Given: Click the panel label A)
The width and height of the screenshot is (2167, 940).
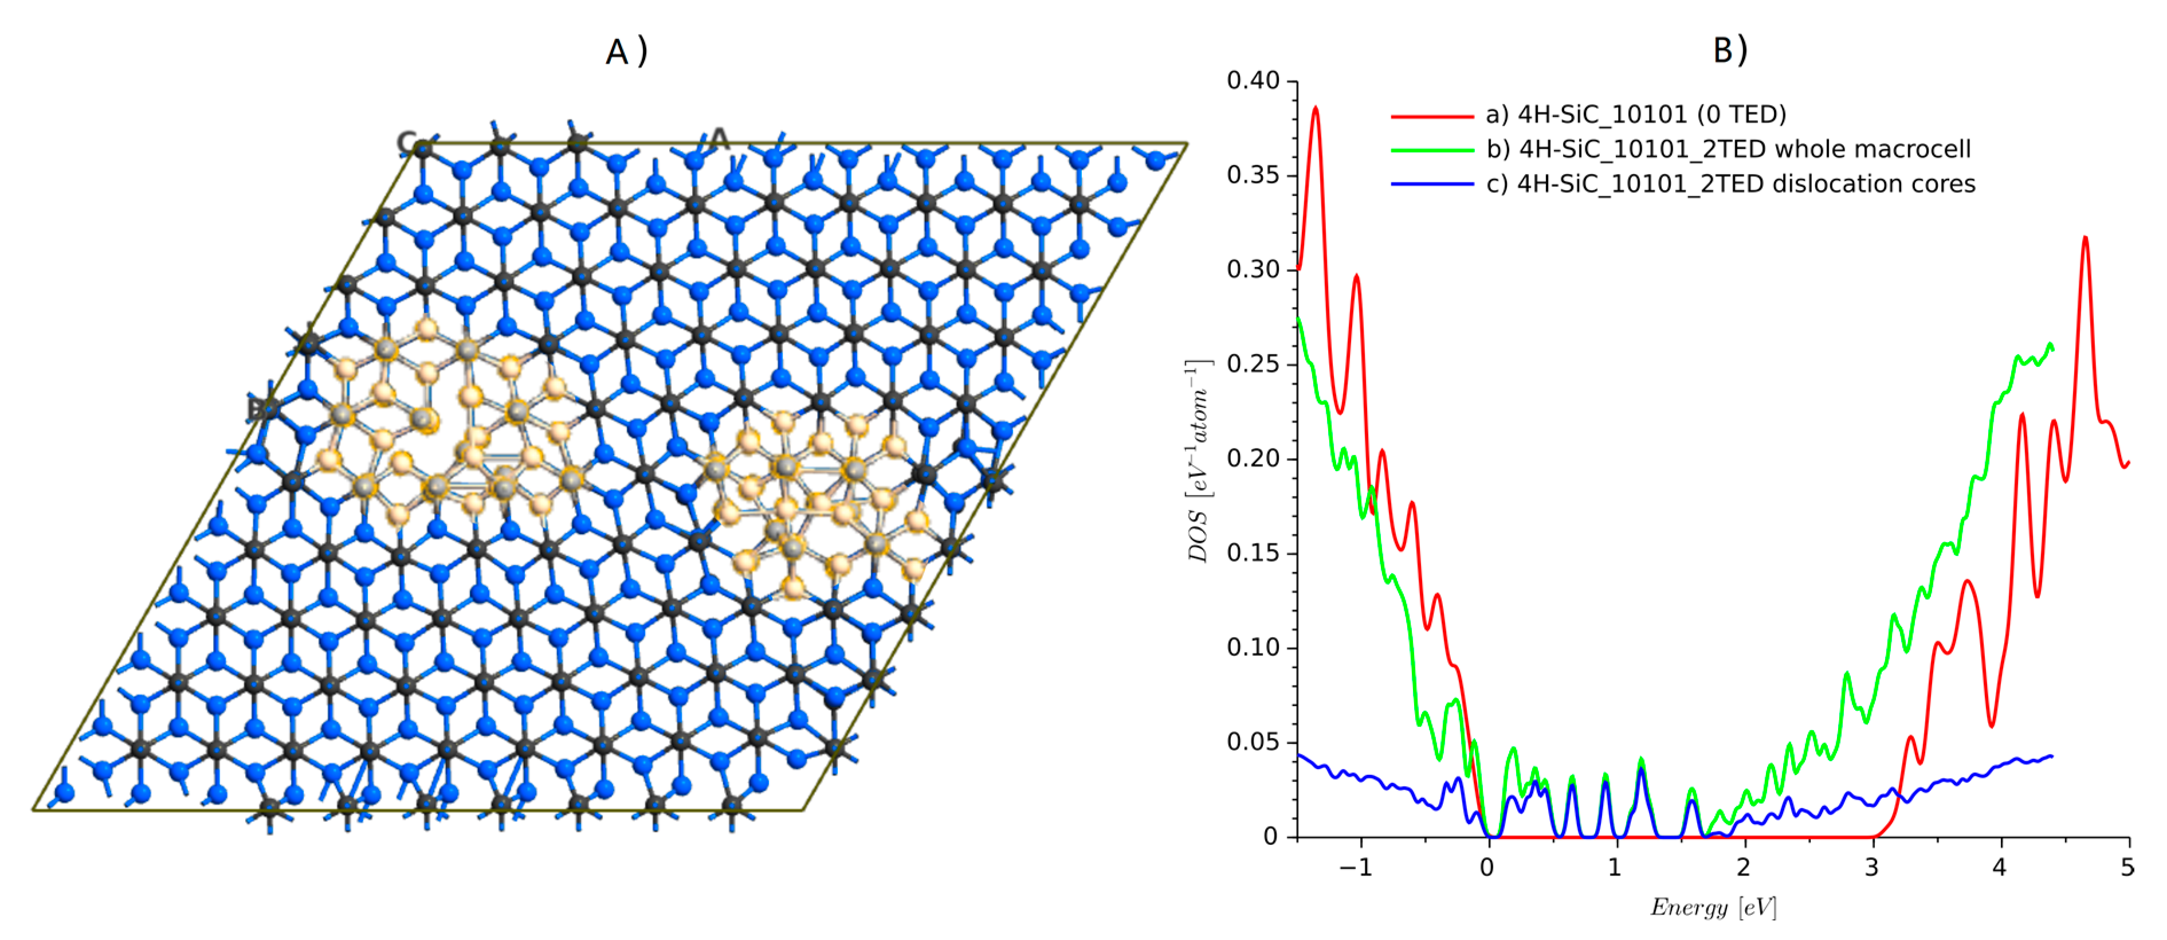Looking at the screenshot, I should tap(627, 52).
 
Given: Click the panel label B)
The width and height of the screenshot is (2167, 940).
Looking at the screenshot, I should tap(1730, 50).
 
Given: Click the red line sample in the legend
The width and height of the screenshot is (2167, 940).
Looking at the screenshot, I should tap(1432, 115).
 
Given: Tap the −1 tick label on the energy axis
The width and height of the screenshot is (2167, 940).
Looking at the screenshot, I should tap(1355, 868).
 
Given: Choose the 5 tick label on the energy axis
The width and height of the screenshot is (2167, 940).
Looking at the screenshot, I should tap(2127, 868).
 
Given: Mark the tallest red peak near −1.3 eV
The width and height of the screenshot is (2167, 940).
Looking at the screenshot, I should tap(1316, 108).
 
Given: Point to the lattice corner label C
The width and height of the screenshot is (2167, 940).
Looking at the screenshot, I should tap(408, 144).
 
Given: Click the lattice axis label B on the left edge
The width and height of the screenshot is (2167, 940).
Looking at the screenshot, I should tap(257, 409).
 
